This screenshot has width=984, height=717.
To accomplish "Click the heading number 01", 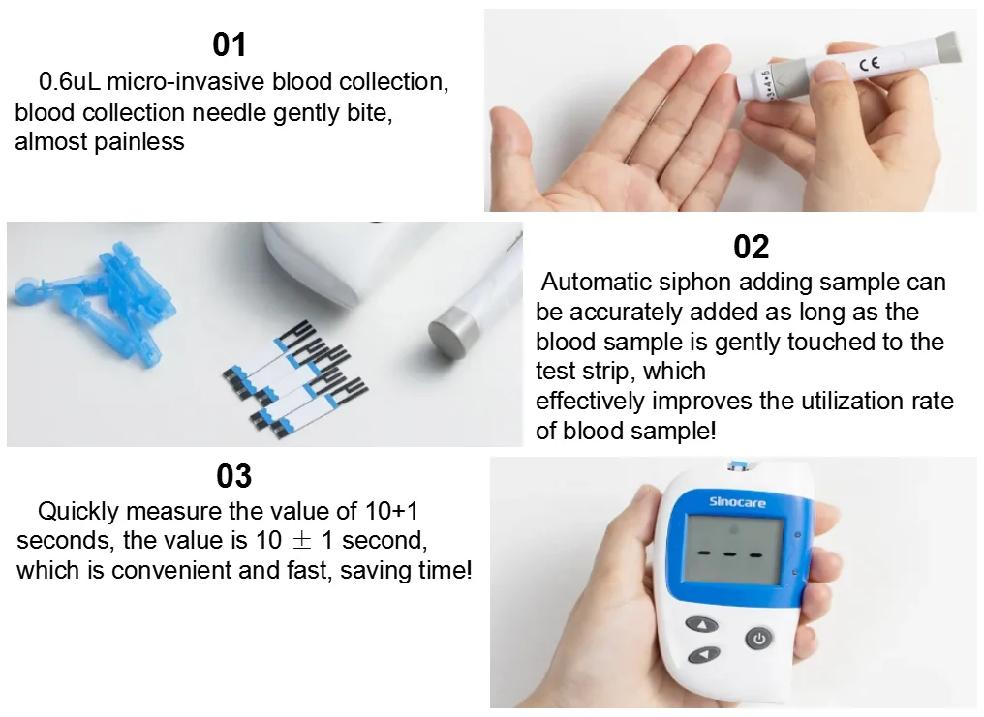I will [x=230, y=45].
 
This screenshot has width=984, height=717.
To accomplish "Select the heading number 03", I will [x=233, y=476].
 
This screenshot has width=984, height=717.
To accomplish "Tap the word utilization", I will [x=820, y=401].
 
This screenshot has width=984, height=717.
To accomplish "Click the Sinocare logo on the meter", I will [x=729, y=501].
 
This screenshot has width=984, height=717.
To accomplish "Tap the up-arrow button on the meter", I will [x=702, y=624].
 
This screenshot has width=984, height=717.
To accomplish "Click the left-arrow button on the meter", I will [x=704, y=656].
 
